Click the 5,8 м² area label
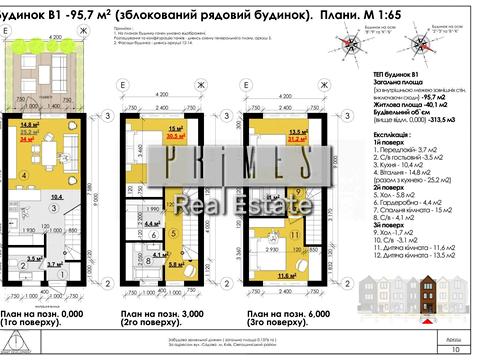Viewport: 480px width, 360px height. [174, 267]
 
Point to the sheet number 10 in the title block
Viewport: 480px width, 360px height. [456, 349]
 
